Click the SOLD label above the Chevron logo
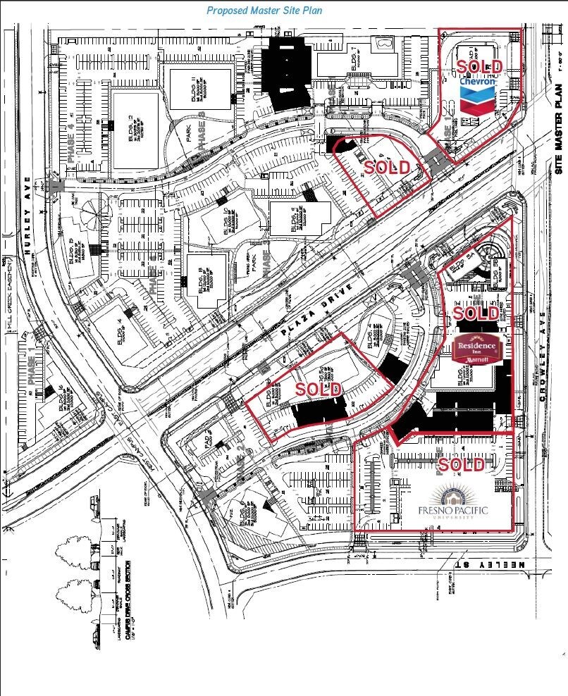pyautogui.click(x=480, y=67)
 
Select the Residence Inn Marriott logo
pyautogui.click(x=478, y=349)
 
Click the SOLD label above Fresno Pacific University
pyautogui.click(x=462, y=465)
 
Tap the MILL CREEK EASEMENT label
pyautogui.click(x=7, y=289)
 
